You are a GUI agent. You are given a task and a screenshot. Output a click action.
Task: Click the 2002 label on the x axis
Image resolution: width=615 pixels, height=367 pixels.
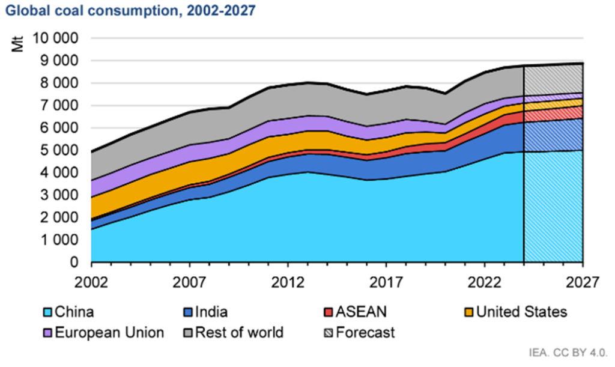pyautogui.click(x=91, y=281)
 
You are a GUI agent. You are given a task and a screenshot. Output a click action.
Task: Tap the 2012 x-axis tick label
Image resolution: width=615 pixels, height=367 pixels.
pyautogui.click(x=288, y=281)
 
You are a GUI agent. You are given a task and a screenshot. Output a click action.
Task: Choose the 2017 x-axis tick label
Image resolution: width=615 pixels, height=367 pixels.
pyautogui.click(x=386, y=281)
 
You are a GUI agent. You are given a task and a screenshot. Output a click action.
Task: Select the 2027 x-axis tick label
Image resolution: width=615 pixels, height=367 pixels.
pyautogui.click(x=582, y=281)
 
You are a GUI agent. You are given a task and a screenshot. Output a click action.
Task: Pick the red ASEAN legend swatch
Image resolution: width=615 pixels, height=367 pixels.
pyautogui.click(x=329, y=312)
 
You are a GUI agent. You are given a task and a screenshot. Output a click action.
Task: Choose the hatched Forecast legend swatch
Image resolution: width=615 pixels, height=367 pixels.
pyautogui.click(x=329, y=332)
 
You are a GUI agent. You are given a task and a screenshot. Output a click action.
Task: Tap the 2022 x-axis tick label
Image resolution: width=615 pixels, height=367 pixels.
pyautogui.click(x=484, y=281)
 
